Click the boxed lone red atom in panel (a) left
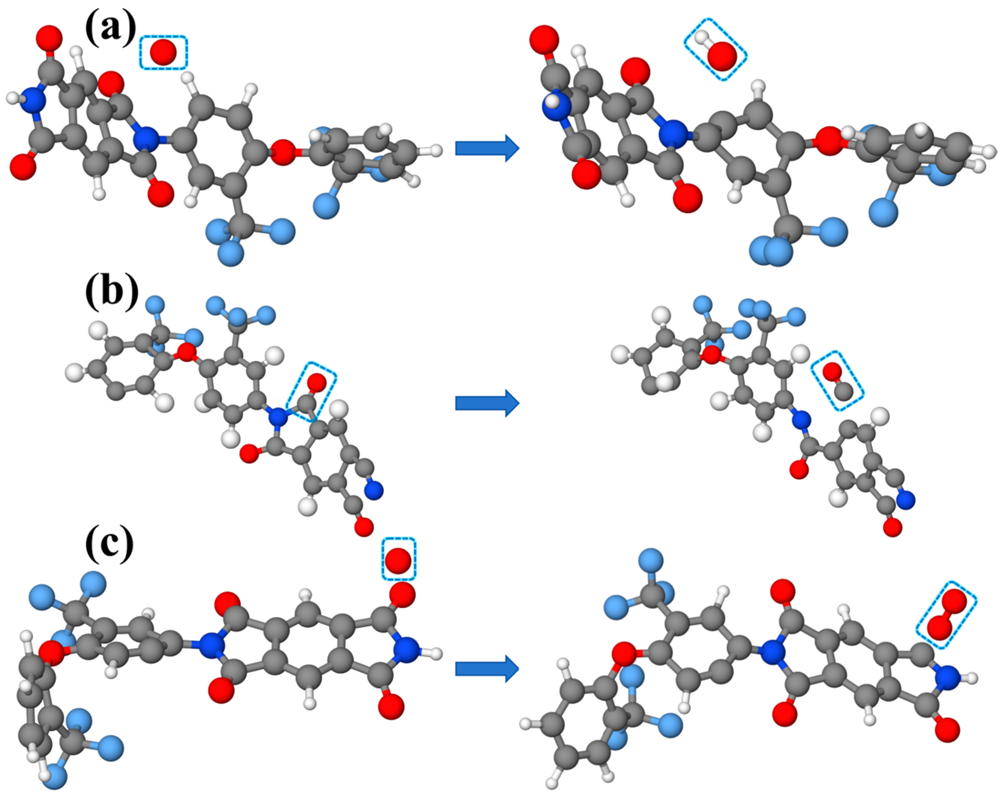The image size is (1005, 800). (163, 52)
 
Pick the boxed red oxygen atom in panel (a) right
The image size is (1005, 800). (722, 56)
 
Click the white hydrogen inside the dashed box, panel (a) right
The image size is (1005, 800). (701, 37)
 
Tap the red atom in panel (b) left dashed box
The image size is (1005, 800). (317, 382)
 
